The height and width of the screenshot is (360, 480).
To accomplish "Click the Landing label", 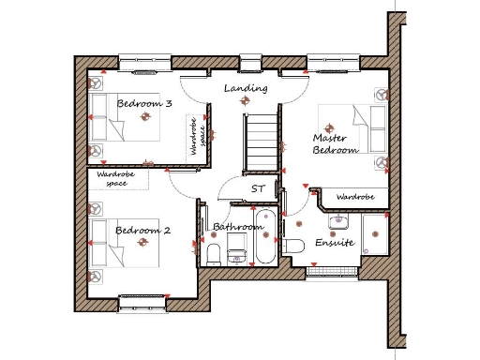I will pos(247,88).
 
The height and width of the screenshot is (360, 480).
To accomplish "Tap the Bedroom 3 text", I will pos(143,104).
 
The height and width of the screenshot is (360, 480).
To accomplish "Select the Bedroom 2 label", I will pos(142,230).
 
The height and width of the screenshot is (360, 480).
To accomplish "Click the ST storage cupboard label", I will pos(258,188).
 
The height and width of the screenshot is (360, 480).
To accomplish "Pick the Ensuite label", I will pos(334,242).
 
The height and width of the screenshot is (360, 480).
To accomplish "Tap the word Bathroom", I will pos(238,227).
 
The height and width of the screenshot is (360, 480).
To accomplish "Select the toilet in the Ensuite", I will pos(294,247).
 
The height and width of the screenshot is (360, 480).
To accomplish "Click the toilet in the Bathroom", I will pos(214,254).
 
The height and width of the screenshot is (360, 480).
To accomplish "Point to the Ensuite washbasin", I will pos(338,221).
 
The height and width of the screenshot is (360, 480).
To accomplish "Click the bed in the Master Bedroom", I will pos(356,131).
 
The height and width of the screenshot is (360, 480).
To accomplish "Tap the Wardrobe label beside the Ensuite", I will pos(355,198).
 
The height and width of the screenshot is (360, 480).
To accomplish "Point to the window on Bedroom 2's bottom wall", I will pos(142,299).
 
